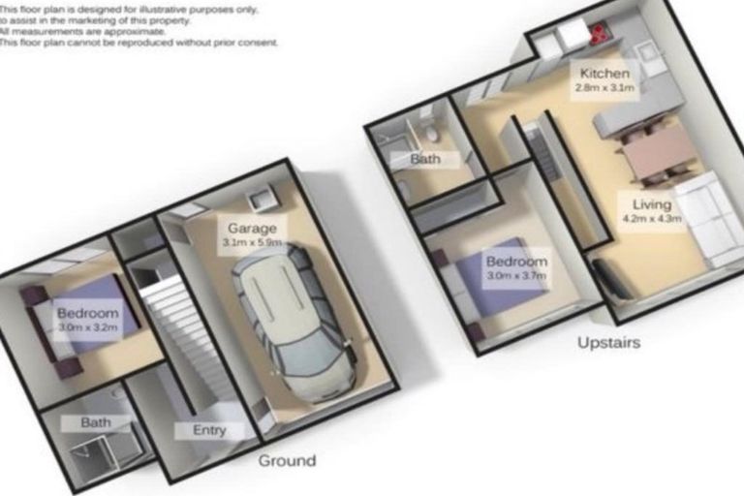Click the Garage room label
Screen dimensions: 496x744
coord(250,228)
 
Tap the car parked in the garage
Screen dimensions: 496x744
coord(294,320)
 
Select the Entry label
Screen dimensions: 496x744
coord(203,430)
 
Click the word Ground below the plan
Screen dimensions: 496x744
coord(287,460)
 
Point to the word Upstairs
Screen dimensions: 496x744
coord(608,343)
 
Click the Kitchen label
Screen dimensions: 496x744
coord(604,74)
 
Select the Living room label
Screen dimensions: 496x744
coord(651,204)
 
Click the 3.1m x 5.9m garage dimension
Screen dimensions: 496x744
coord(251,242)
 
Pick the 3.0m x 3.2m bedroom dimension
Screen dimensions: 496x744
coord(87,328)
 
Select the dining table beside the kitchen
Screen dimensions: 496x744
coord(659,152)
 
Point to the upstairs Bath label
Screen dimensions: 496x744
coord(424,159)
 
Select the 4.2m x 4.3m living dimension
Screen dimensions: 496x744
coord(651,219)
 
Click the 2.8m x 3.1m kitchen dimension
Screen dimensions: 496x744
coord(604,88)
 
